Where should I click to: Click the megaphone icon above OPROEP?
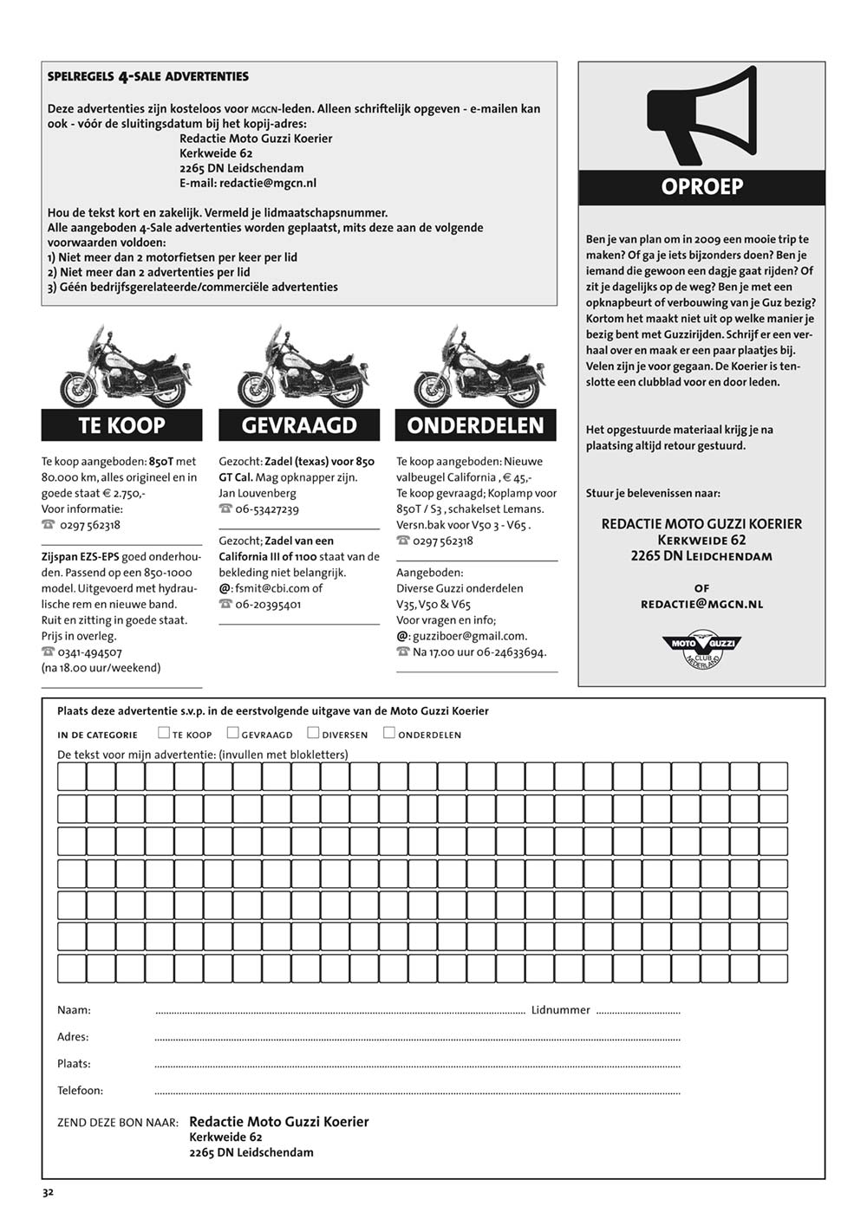pos(701,117)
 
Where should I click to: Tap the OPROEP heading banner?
pos(701,187)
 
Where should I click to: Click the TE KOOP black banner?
pos(121,425)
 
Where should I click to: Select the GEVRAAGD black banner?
pos(299,425)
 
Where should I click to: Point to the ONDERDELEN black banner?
pos(476,425)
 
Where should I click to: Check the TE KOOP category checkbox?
pos(164,733)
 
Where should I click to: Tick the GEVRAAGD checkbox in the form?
pos(232,733)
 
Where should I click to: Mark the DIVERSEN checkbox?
pos(313,733)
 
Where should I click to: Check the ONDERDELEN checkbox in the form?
pos(389,733)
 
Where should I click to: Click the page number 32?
pos(49,1192)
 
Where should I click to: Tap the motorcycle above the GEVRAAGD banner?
pos(299,368)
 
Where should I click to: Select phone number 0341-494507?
pos(90,652)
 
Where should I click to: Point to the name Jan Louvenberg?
pos(257,493)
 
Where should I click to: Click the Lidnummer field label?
pos(560,1010)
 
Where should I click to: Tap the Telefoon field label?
pos(80,1091)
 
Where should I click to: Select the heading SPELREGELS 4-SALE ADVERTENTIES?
pos(148,76)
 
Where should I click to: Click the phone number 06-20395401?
pos(268,605)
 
